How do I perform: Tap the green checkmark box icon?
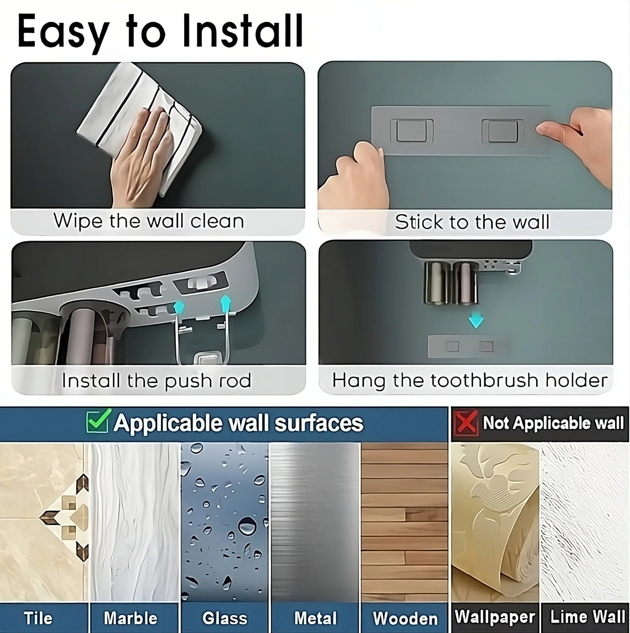97,421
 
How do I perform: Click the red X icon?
465,423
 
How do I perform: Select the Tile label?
38,618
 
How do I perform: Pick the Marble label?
130,618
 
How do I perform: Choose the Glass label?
225,618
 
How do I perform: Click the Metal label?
316,618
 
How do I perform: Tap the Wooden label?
405,618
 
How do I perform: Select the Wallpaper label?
495,617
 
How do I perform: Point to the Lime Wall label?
587,617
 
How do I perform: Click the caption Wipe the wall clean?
149,221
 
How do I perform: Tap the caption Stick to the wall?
472,222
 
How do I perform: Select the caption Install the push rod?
156,381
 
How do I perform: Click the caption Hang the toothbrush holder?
470,381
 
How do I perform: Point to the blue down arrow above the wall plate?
475,321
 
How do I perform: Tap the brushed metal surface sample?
315,521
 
